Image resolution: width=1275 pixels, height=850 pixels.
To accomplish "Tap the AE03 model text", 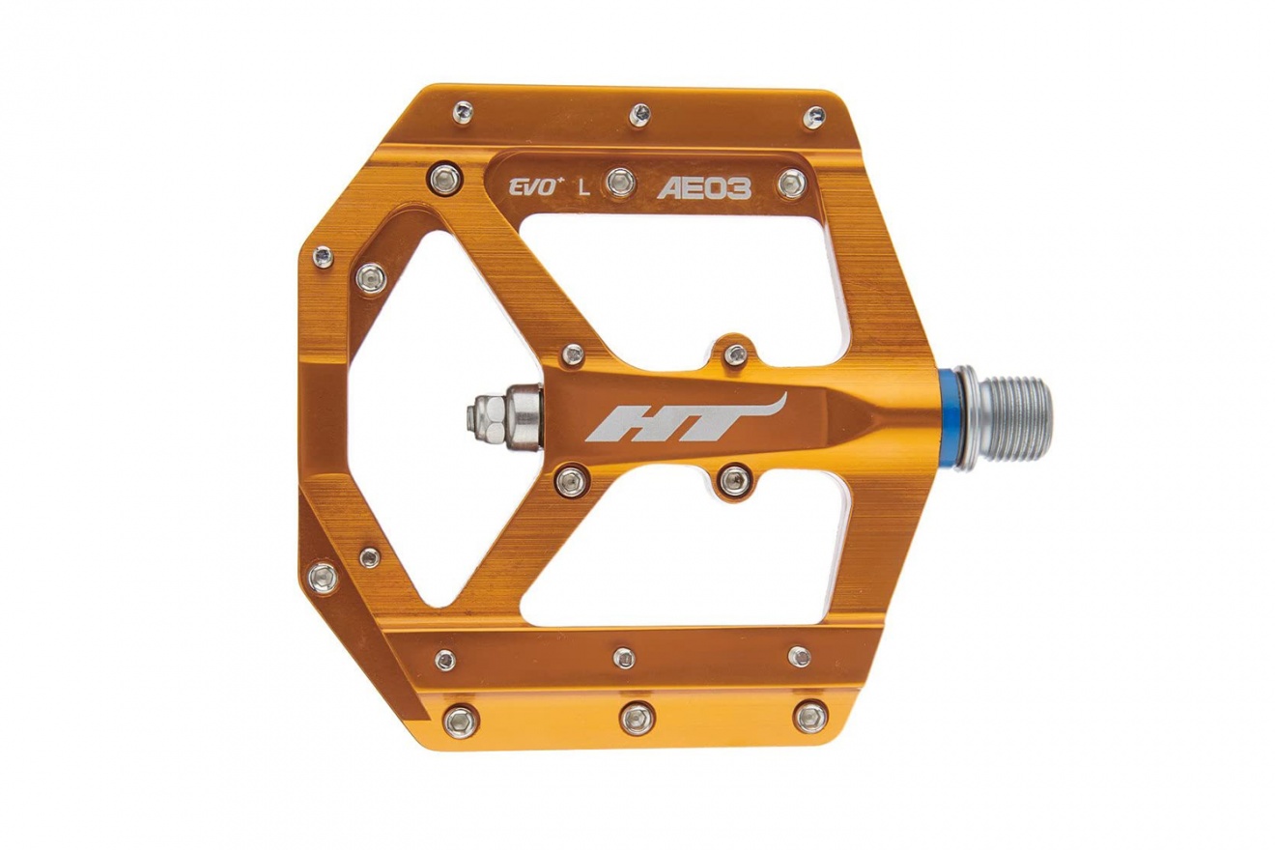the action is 704,188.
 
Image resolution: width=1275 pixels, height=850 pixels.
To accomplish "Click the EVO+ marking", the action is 532,188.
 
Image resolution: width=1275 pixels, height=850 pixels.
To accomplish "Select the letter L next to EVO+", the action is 583,188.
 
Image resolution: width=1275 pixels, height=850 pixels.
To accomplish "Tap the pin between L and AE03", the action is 621,183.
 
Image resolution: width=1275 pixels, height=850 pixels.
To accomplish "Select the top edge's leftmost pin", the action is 464,112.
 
